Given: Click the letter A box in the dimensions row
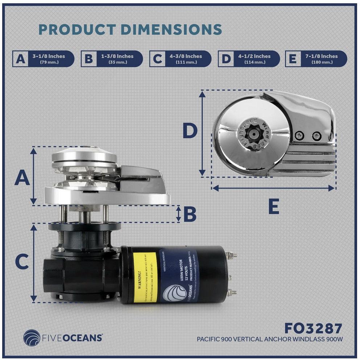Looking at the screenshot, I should pyautogui.click(x=21, y=59).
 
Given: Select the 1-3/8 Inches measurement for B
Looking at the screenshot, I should pyautogui.click(x=117, y=59).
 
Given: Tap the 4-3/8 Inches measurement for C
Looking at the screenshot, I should pyautogui.click(x=186, y=59).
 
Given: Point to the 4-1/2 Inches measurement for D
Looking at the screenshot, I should pyautogui.click(x=255, y=59).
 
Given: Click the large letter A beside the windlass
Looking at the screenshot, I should pyautogui.click(x=22, y=178).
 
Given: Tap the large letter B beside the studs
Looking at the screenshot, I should pyautogui.click(x=190, y=215).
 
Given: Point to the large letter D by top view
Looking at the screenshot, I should pyautogui.click(x=190, y=131).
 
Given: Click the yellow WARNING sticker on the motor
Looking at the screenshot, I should pyautogui.click(x=145, y=277).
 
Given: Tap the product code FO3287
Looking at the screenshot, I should pyautogui.click(x=313, y=328).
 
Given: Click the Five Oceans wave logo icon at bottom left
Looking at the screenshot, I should pyautogui.click(x=32, y=337).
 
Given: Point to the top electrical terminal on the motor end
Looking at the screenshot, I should pyautogui.click(x=232, y=256).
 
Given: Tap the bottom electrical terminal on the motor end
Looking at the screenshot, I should pyautogui.click(x=232, y=292).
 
